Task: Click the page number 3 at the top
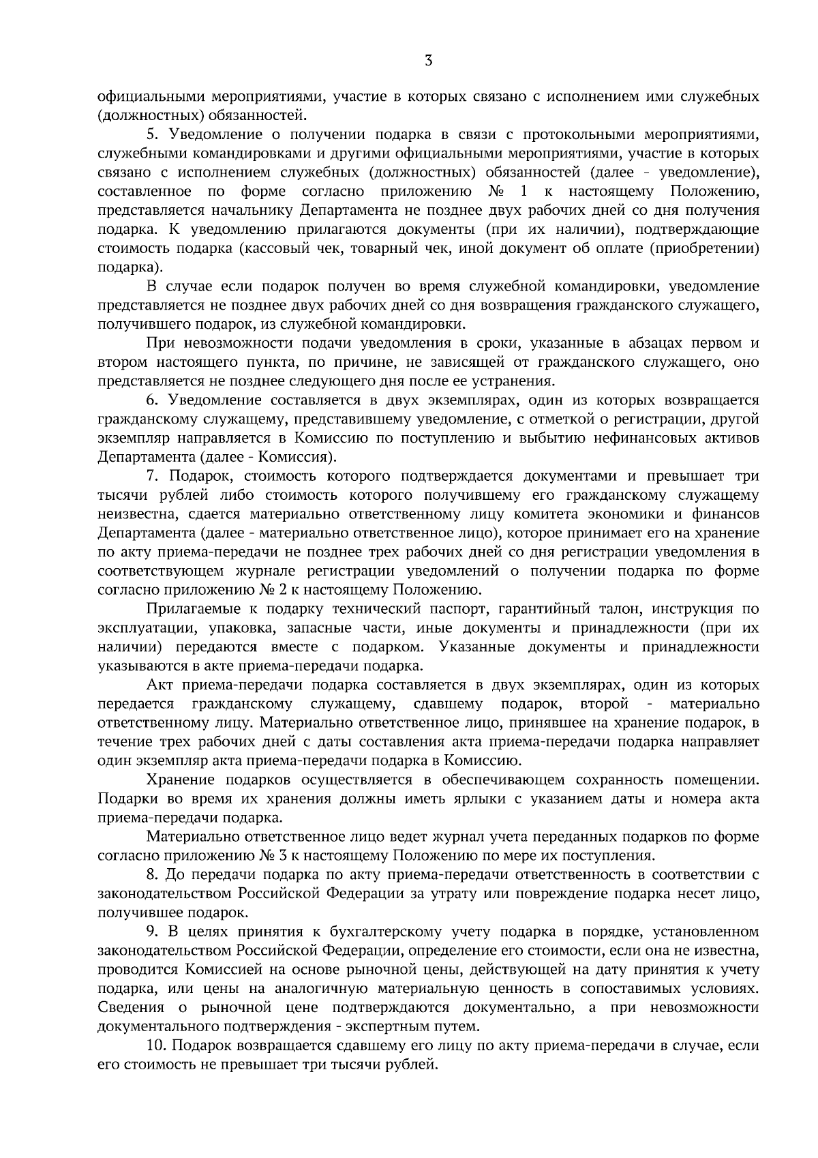(x=427, y=61)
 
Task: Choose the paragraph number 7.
(x=151, y=475)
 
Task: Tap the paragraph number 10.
(x=155, y=1045)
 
